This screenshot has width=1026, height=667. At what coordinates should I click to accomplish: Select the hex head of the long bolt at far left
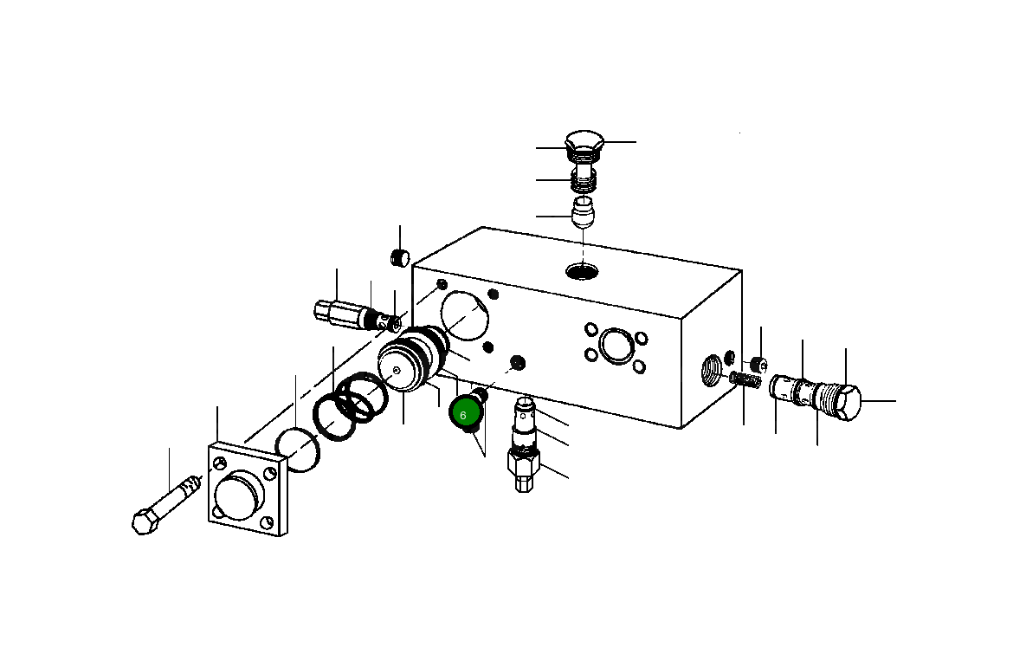tap(145, 521)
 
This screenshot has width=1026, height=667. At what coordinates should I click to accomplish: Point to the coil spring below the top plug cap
tap(583, 180)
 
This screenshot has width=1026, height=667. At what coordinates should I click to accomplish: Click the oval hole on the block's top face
tap(582, 272)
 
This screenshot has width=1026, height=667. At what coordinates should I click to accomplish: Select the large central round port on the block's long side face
tap(615, 344)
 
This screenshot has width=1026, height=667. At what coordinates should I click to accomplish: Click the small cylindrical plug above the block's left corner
tap(399, 257)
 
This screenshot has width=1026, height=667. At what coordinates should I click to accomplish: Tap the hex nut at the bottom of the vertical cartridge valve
tap(522, 474)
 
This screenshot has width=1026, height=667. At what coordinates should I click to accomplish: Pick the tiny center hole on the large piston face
tap(396, 370)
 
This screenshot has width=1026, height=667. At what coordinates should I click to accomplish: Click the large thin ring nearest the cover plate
tap(298, 450)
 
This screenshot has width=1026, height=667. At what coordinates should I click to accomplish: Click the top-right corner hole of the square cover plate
tap(271, 473)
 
